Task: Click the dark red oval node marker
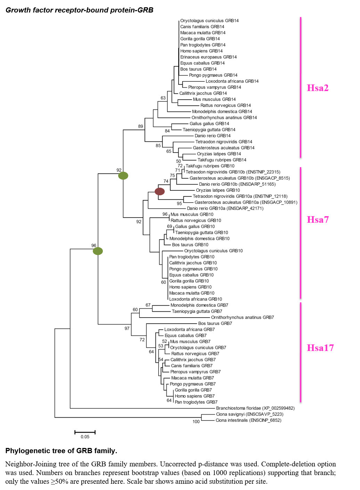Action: click(x=159, y=191)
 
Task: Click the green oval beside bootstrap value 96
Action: click(x=98, y=251)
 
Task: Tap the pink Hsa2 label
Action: click(x=318, y=88)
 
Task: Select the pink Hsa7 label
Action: click(x=318, y=220)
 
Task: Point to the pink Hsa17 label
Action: click(x=320, y=348)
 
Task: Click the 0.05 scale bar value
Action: click(x=85, y=437)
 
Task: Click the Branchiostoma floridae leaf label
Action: click(x=255, y=408)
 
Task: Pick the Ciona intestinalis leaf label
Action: click(x=248, y=420)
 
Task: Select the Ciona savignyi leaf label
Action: click(x=249, y=414)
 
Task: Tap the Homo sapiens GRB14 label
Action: click(x=201, y=51)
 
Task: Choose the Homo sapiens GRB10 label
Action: click(x=190, y=287)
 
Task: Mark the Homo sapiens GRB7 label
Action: click(x=195, y=396)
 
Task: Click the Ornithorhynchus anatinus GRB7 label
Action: click(x=242, y=317)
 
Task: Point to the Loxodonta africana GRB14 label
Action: click(x=232, y=81)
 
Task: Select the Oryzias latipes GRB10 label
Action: click(x=218, y=190)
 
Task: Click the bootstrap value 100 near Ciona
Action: click(x=196, y=422)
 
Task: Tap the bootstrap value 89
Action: click(x=140, y=126)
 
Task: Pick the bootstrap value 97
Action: click(x=127, y=328)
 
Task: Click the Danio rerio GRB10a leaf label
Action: click(x=225, y=209)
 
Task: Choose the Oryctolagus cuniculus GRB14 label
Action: click(x=209, y=21)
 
